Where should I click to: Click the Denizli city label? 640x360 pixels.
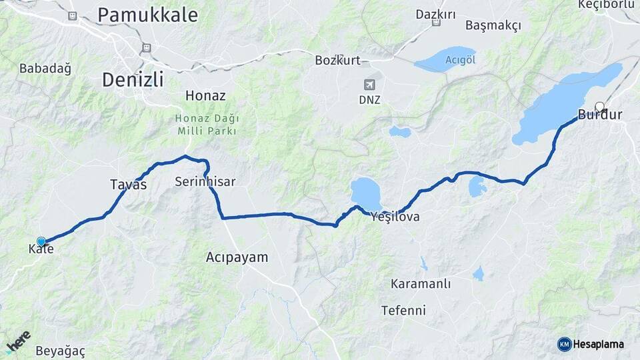click(133, 80)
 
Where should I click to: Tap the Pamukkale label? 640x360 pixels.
click(147, 14)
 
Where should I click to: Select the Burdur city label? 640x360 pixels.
click(599, 115)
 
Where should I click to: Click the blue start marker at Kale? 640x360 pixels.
click(41, 241)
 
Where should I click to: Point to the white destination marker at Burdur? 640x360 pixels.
click(599, 106)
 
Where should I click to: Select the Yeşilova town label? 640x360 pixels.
click(395, 217)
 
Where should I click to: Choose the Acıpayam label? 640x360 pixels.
click(237, 257)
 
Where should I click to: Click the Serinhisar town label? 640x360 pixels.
click(205, 181)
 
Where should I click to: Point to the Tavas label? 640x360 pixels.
click(129, 185)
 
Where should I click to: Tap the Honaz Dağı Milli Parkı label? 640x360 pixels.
click(207, 125)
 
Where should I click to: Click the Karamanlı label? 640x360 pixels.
click(421, 284)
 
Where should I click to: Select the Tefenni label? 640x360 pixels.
click(403, 310)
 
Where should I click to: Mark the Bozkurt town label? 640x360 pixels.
click(337, 61)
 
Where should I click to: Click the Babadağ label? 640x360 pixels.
click(45, 68)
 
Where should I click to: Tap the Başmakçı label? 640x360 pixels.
click(493, 25)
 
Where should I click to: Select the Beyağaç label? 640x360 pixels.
click(61, 351)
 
